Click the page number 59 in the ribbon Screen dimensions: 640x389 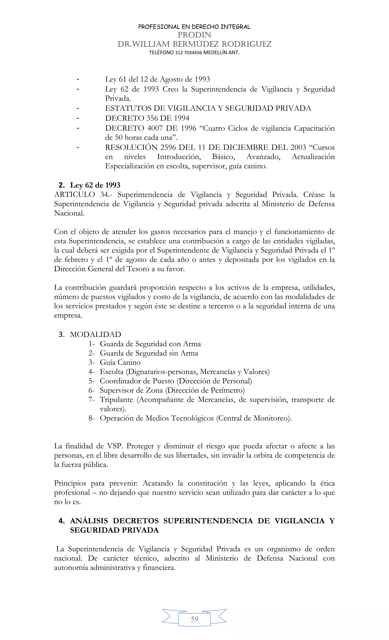click(x=194, y=619)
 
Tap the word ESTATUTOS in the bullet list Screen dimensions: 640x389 click(x=127, y=108)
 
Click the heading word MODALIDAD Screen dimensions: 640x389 click(x=95, y=335)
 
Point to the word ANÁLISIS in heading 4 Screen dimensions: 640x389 click(x=89, y=521)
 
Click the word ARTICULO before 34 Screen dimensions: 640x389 click(x=74, y=194)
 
